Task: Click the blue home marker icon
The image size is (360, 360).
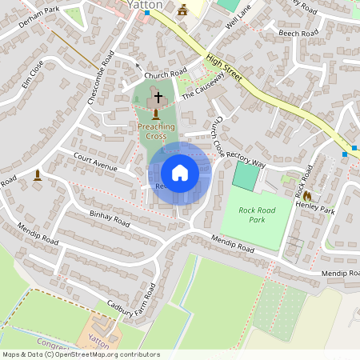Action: pyautogui.click(x=180, y=173)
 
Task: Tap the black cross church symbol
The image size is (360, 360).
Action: pyautogui.click(x=158, y=98)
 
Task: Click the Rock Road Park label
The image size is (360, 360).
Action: pyautogui.click(x=262, y=214)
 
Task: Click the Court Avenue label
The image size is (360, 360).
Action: pyautogui.click(x=94, y=162)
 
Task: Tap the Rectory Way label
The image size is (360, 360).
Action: pyautogui.click(x=246, y=155)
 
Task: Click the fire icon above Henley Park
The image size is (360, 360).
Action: pyautogui.click(x=305, y=194)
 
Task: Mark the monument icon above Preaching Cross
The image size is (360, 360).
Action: pyautogui.click(x=155, y=114)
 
